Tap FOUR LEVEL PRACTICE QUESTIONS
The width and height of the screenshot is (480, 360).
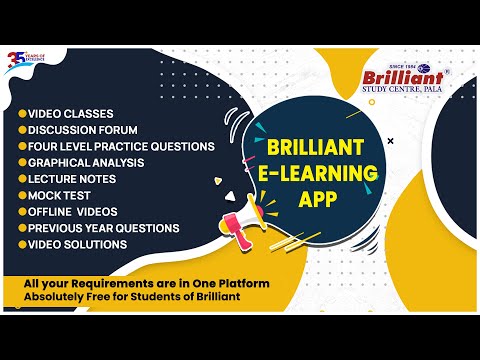[121, 146]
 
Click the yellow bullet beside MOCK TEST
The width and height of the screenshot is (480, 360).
[21, 195]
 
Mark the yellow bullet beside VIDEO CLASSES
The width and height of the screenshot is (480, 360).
[21, 113]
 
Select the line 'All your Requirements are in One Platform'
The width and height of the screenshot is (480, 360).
[147, 284]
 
